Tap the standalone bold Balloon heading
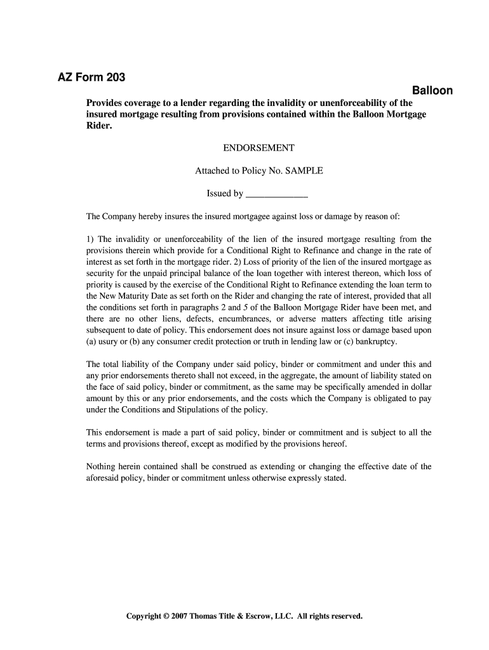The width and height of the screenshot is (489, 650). click(432, 91)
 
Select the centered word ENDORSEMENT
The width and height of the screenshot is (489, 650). click(258, 148)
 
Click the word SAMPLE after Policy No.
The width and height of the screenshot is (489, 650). click(304, 171)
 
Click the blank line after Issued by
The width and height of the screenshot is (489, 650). click(276, 194)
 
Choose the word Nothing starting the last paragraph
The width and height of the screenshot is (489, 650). click(102, 467)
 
